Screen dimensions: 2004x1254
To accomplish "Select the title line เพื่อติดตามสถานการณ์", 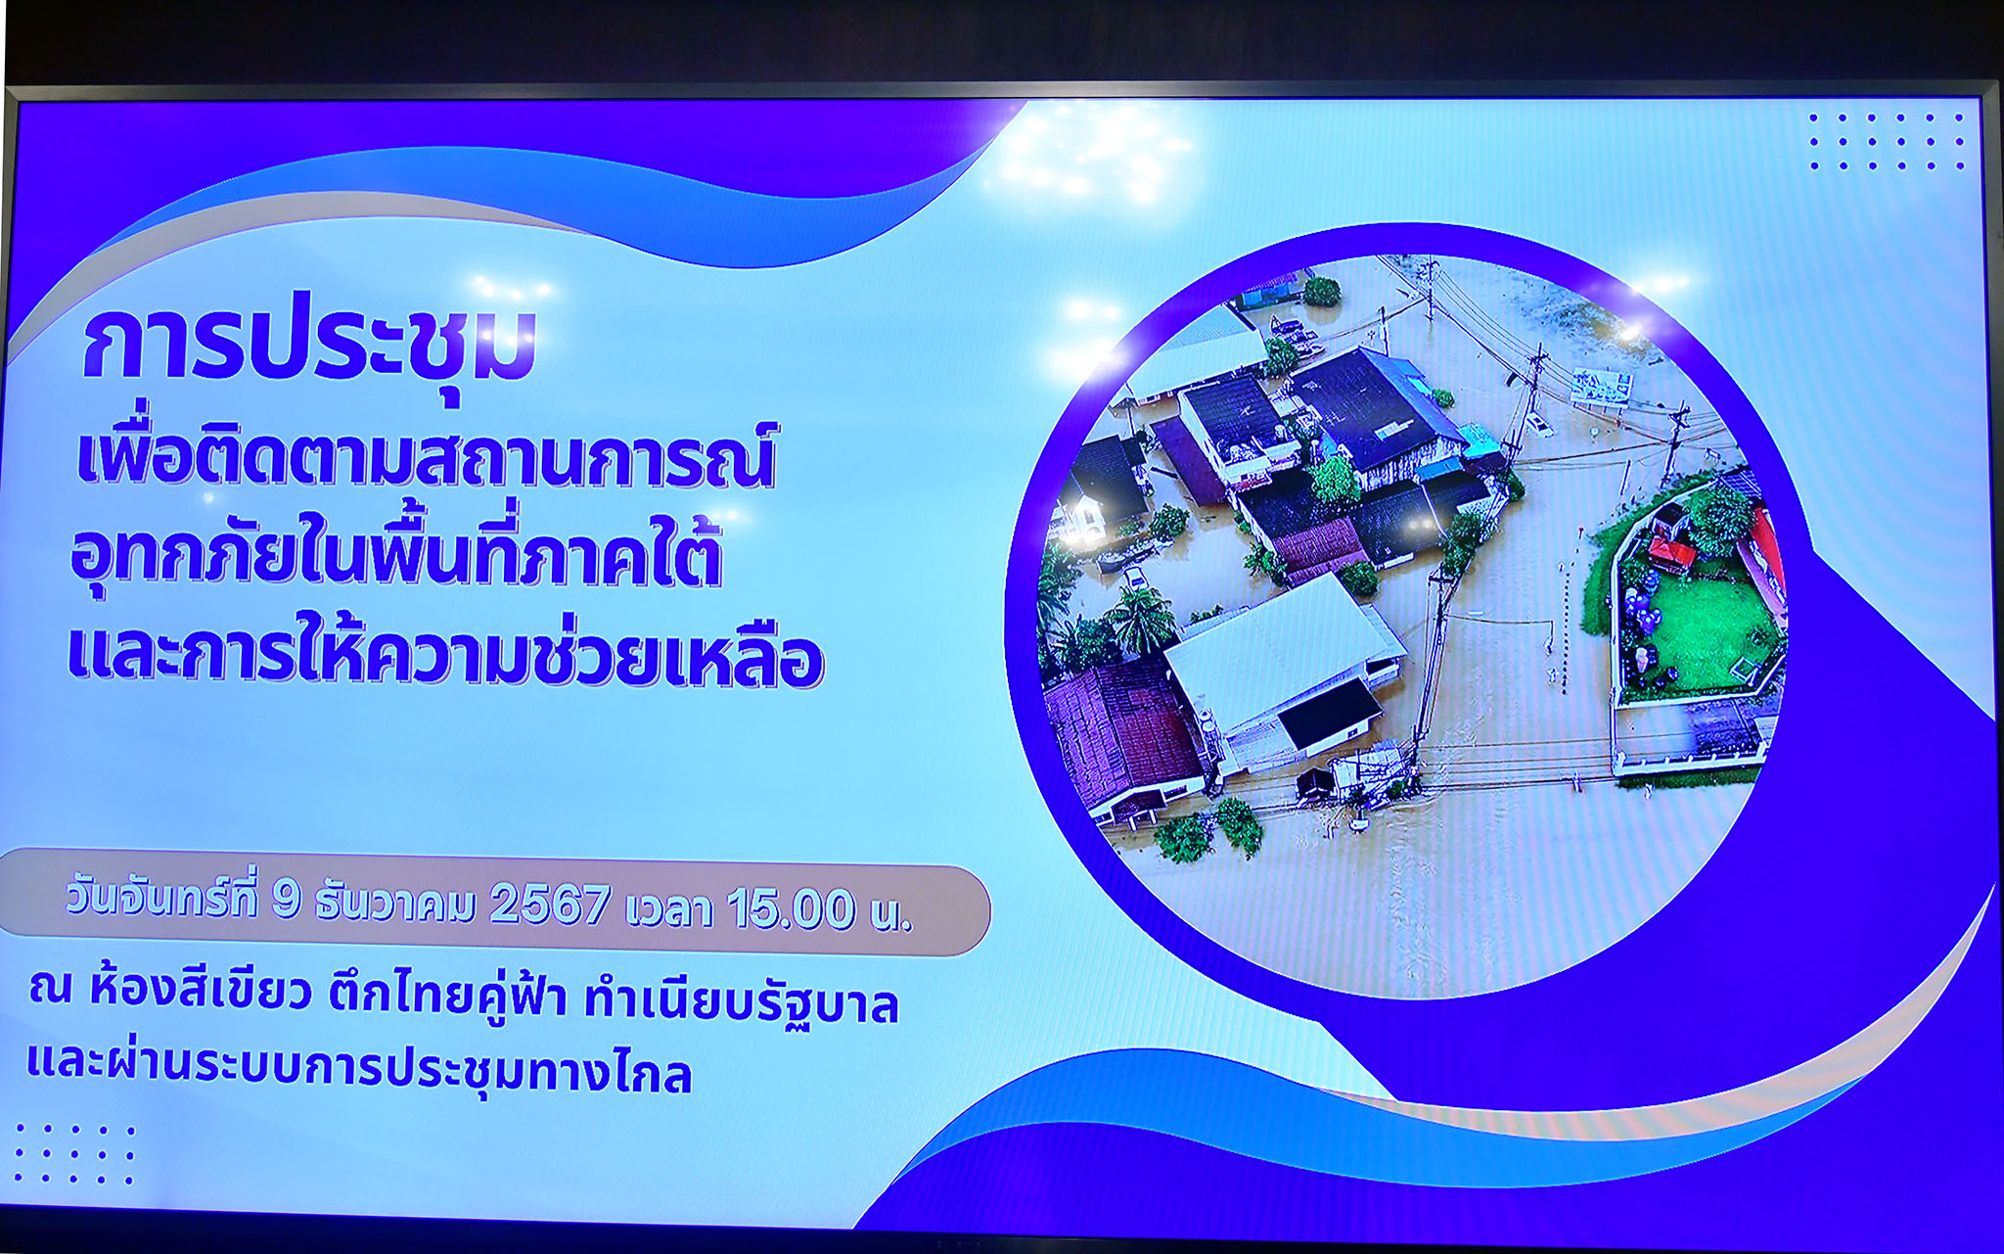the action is coord(427,456).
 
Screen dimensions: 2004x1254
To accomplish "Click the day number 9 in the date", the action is coord(286,900).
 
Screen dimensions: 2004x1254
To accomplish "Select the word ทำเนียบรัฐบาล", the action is coord(742,1002).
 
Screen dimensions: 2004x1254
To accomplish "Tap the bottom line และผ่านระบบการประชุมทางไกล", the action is coord(359,1069).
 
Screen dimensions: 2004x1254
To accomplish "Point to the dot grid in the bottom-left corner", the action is coord(74,1154).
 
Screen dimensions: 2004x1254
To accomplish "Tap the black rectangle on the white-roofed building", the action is coord(1329,713).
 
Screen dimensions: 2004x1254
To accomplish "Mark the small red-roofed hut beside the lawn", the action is coord(1671,552).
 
